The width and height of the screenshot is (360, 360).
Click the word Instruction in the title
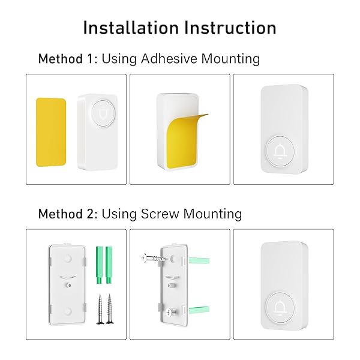tap(231, 28)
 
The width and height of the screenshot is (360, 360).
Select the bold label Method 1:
tap(68, 59)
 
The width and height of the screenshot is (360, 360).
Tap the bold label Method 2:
tap(68, 214)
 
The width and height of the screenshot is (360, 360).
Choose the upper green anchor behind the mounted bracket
tap(199, 260)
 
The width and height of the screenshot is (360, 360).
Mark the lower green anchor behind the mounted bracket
tap(199, 310)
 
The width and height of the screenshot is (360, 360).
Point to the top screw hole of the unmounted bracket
tap(68, 258)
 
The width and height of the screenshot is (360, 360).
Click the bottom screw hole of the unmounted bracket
tap(67, 311)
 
